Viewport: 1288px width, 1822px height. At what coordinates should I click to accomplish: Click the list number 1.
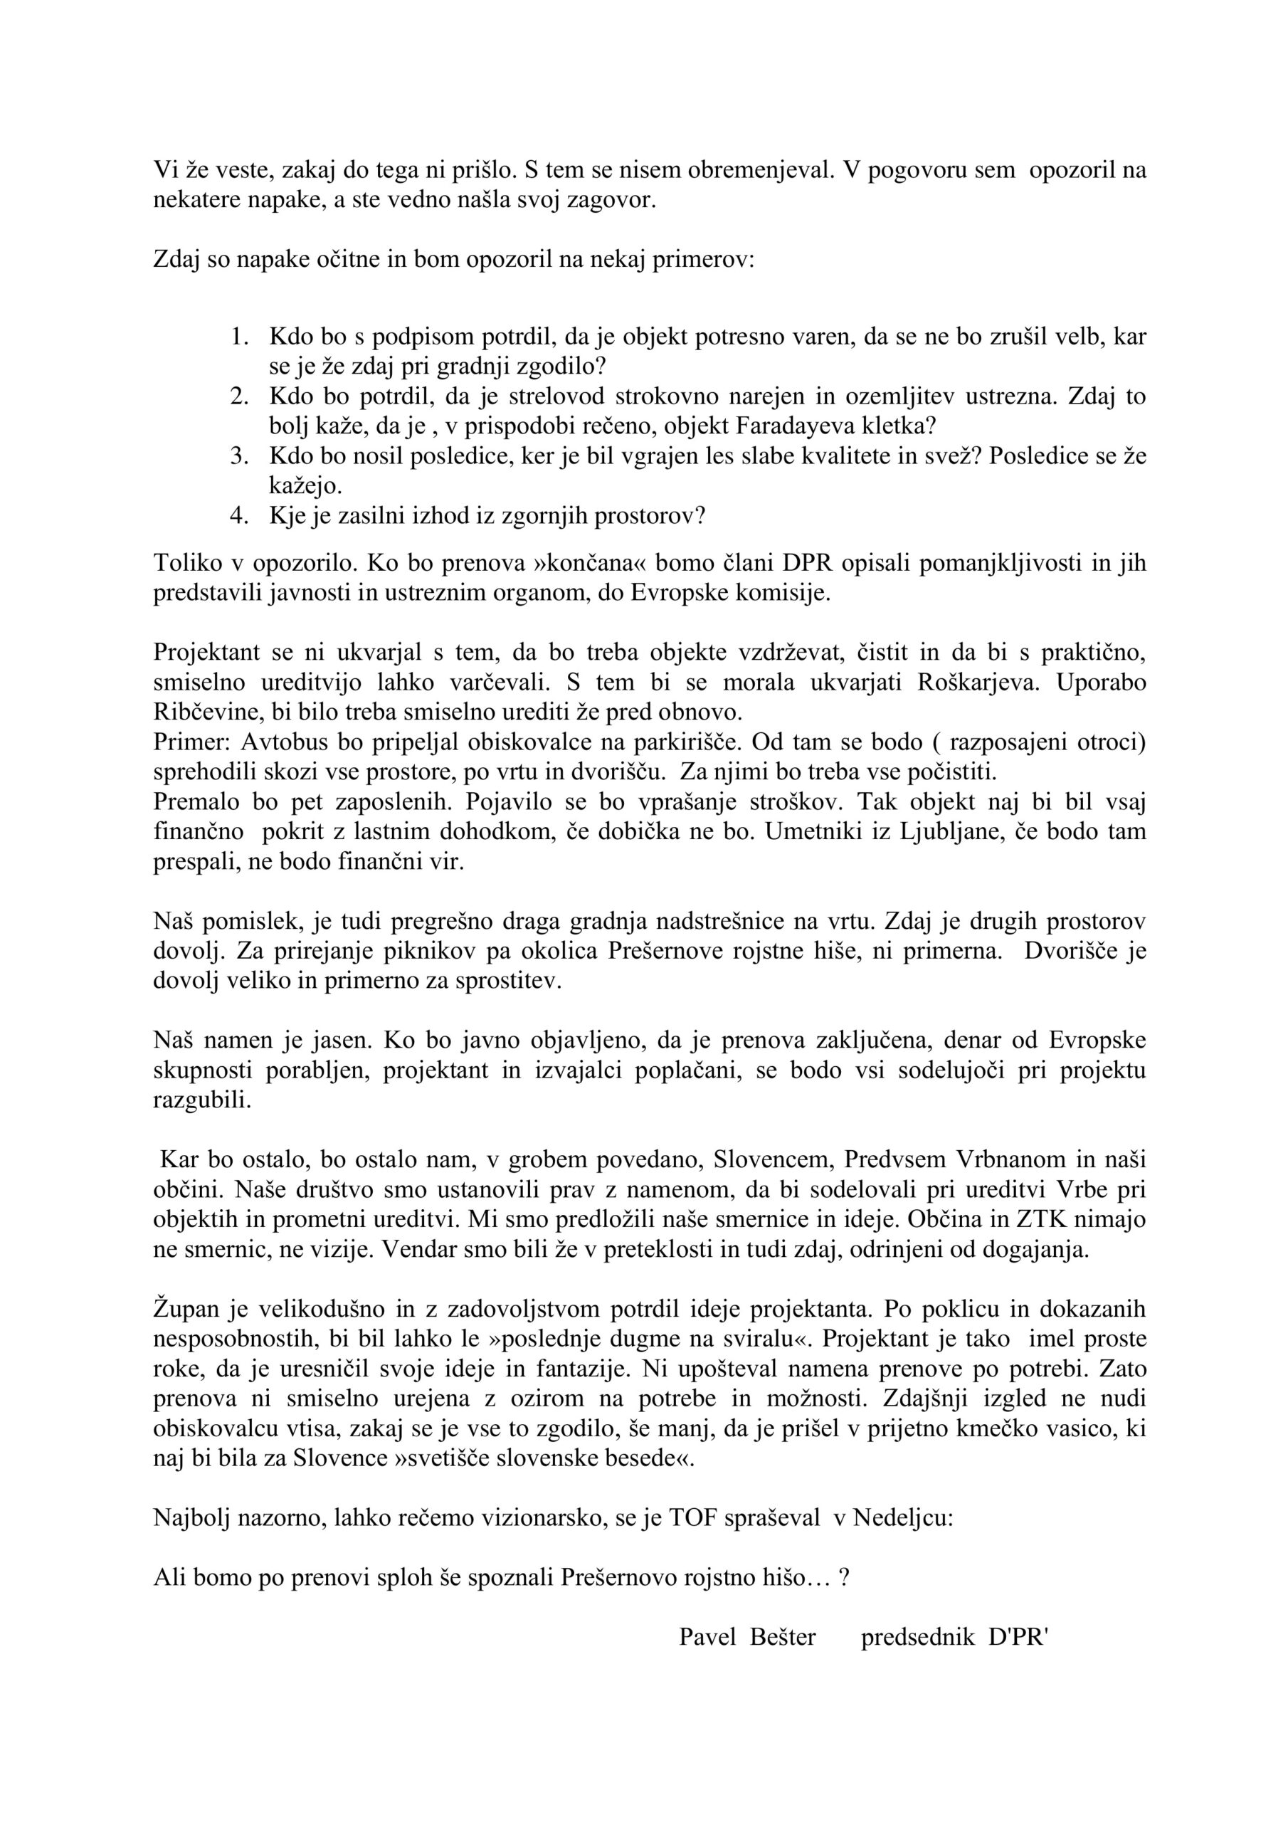click(x=239, y=337)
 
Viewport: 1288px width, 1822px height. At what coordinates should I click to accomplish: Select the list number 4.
click(x=239, y=515)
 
